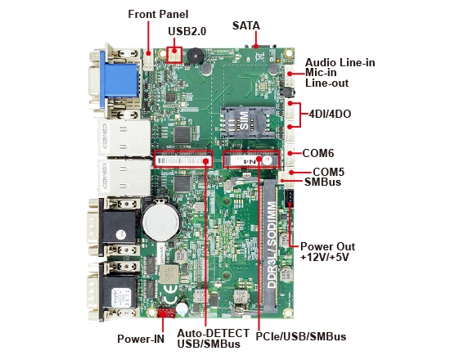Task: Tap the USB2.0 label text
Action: (x=188, y=31)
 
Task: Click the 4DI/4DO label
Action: (x=331, y=114)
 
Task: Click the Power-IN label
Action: (x=141, y=337)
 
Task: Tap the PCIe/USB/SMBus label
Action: (x=299, y=336)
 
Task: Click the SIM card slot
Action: (x=245, y=121)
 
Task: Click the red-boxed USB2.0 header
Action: (x=173, y=54)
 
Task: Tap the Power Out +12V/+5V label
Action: (x=325, y=251)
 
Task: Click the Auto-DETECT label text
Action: (x=209, y=333)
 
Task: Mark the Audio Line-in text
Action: (x=340, y=62)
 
